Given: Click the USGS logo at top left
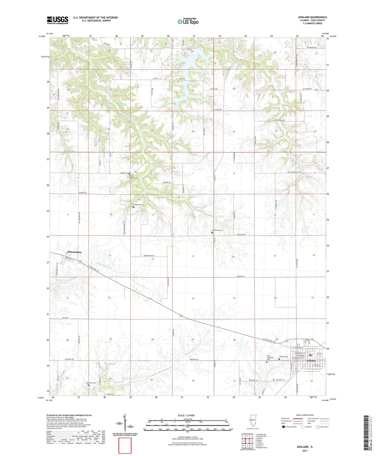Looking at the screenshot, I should (x=57, y=20).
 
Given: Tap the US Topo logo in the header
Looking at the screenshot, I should (x=188, y=21).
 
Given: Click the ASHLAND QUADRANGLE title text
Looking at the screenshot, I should (x=312, y=17).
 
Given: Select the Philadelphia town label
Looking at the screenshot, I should (x=74, y=252).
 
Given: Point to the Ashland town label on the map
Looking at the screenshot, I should (x=311, y=361).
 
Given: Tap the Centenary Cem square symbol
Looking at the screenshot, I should (x=212, y=233).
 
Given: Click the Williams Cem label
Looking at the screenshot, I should (x=91, y=383).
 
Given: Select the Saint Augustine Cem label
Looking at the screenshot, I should (x=270, y=357).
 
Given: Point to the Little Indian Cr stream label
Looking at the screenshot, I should (x=104, y=266).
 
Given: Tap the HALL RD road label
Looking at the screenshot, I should (x=65, y=318).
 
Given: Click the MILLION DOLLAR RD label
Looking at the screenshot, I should (x=294, y=172).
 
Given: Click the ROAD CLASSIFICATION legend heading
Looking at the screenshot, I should (x=305, y=415).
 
